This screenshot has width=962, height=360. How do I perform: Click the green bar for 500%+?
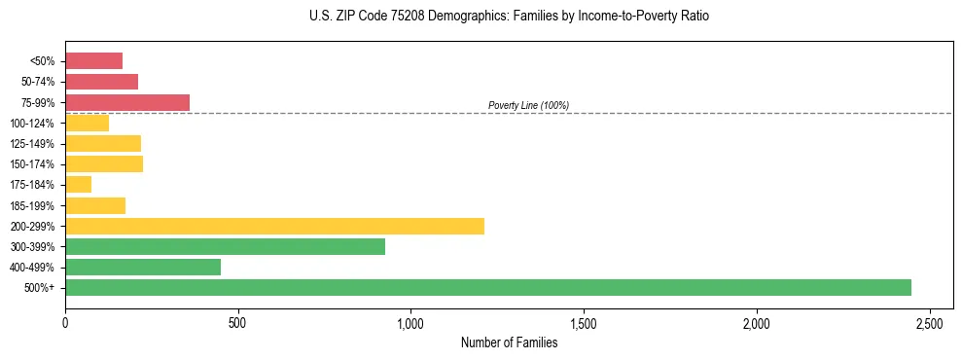[x=487, y=288]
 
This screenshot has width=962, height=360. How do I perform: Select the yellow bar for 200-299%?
[x=274, y=226]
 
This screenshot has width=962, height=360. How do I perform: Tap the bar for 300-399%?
[x=225, y=246]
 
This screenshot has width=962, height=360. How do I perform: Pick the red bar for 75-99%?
[x=127, y=102]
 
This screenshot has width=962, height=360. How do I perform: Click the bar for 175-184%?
[x=78, y=185]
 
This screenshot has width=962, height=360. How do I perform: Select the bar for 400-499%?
[x=143, y=268]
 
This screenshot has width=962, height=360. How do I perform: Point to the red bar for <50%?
[x=93, y=61]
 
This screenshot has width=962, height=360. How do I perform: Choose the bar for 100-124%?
[x=87, y=123]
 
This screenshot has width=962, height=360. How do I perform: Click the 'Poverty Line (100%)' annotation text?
[x=528, y=105]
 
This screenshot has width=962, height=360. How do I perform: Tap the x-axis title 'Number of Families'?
[x=509, y=342]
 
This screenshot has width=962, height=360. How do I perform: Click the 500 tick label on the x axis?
[x=238, y=323]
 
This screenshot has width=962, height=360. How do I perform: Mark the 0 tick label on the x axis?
[x=65, y=323]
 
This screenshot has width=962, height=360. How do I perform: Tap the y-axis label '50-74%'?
[x=38, y=82]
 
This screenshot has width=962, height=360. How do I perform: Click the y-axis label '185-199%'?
[x=34, y=205]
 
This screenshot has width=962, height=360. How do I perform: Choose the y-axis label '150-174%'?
[x=34, y=164]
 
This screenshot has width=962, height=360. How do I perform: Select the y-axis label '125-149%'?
[x=34, y=144]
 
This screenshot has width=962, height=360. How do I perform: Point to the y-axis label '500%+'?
[x=41, y=288]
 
